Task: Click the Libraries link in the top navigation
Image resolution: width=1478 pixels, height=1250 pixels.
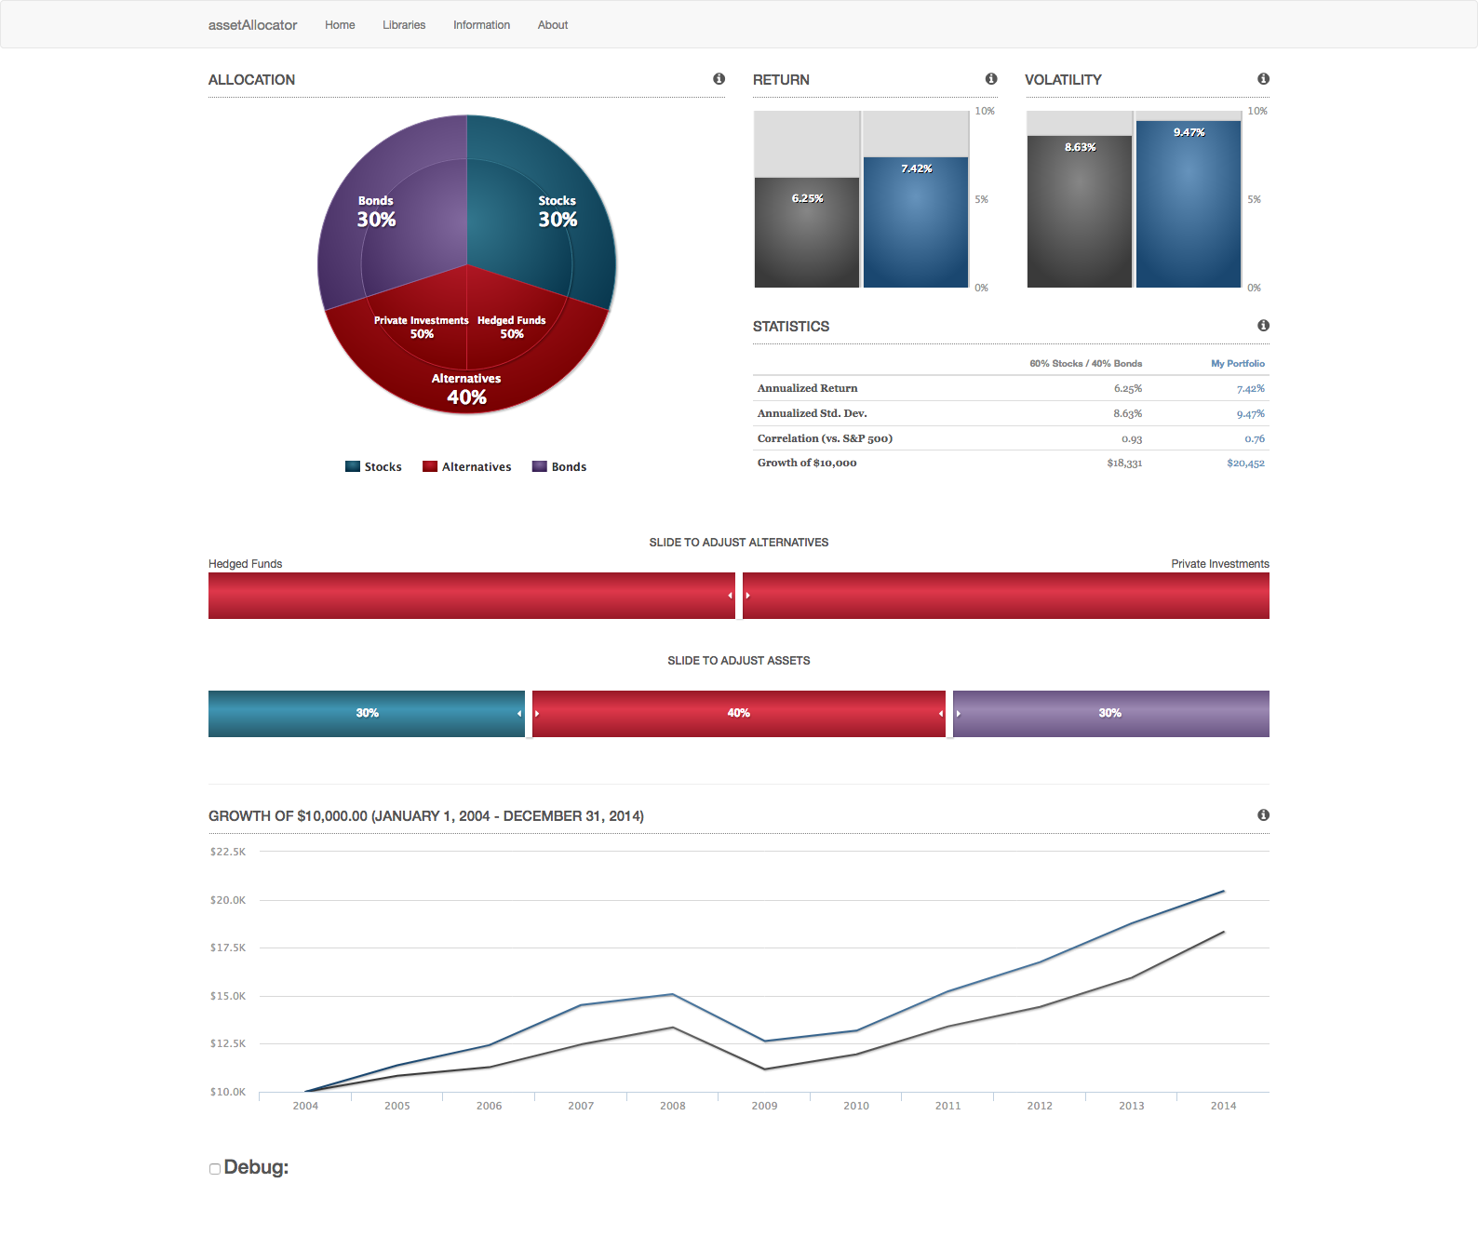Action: pos(404,25)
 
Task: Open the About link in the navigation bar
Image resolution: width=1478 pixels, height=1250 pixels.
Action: pos(553,25)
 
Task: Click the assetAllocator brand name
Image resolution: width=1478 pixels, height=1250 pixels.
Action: pos(252,25)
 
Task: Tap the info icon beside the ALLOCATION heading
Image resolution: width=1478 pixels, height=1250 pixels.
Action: pos(719,79)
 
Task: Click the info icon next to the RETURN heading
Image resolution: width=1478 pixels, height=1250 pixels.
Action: pos(991,79)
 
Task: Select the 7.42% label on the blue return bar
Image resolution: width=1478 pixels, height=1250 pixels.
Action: pos(916,168)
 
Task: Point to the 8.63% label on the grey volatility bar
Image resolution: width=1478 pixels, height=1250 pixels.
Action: pos(1080,147)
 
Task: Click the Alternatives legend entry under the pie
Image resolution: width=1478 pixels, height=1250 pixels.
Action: pos(467,467)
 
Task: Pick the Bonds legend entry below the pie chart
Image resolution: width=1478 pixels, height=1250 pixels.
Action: pos(559,467)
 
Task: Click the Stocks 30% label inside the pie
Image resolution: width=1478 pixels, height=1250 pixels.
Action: pos(558,212)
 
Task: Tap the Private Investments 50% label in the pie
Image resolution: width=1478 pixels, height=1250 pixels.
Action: pos(422,327)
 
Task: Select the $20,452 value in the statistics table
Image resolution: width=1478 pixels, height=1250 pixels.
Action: pos(1245,464)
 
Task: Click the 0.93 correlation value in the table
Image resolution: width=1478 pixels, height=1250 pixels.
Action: pos(1132,439)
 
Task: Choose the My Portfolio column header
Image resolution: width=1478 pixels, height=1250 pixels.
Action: pos(1238,364)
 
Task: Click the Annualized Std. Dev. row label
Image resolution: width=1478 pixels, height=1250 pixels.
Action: pos(813,413)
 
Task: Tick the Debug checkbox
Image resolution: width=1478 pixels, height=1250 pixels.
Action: pos(215,1169)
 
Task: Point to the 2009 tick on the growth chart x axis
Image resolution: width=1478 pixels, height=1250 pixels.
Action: pos(764,1106)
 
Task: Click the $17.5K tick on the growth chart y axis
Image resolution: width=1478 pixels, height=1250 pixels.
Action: pos(228,948)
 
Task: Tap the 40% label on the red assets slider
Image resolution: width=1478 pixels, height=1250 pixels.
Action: pos(738,713)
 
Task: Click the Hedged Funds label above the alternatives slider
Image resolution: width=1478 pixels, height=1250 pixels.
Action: pos(245,564)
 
